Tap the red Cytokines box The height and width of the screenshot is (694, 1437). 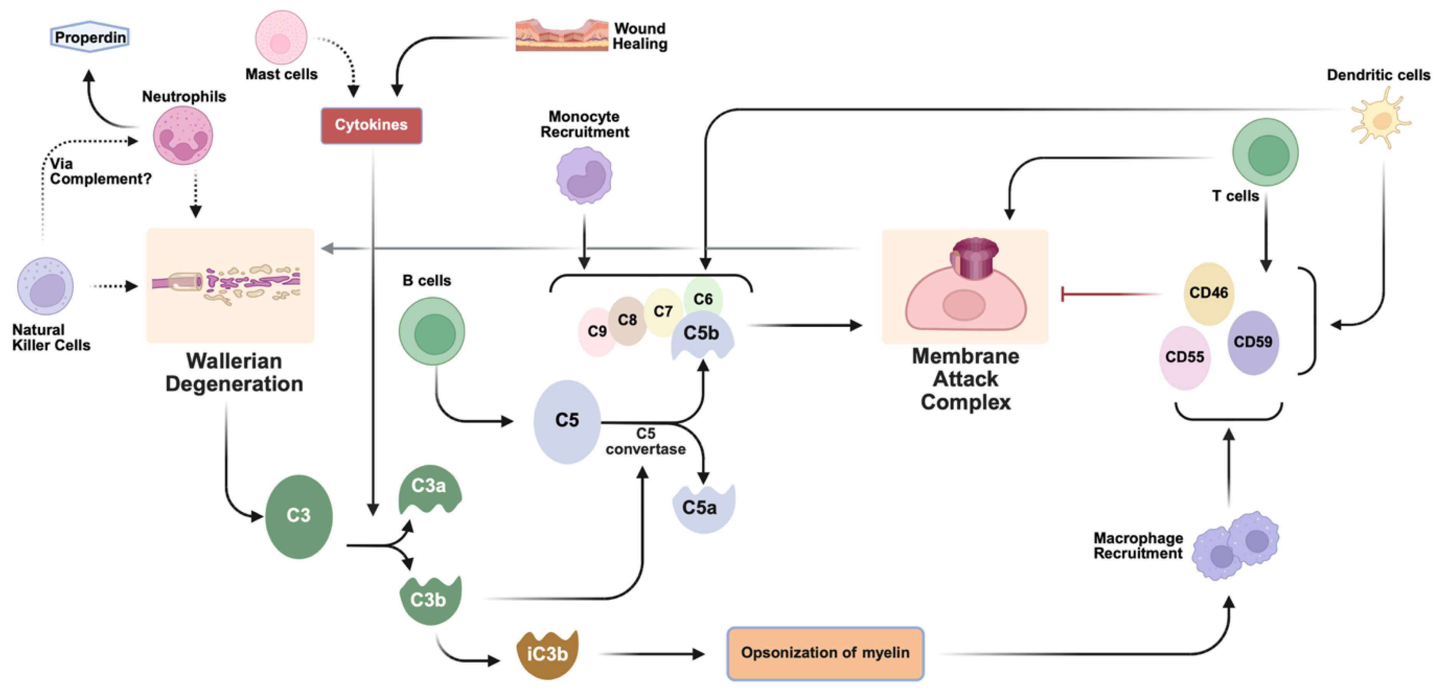click(x=371, y=125)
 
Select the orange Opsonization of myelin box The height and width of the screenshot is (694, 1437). click(x=825, y=653)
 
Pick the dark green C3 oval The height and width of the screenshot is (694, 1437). click(x=299, y=516)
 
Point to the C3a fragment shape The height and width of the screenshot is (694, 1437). click(x=429, y=489)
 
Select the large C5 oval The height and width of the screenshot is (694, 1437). click(x=567, y=421)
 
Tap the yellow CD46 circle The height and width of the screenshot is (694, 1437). click(x=1208, y=293)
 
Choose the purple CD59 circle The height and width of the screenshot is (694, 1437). click(x=1253, y=342)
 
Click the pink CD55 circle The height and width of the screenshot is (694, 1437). click(x=1184, y=357)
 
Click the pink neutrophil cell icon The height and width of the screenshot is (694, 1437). click(x=183, y=136)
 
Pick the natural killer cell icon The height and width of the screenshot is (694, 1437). click(x=46, y=285)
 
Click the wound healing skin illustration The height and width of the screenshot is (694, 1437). click(x=561, y=35)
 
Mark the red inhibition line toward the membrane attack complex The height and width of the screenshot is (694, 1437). click(x=1110, y=294)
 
